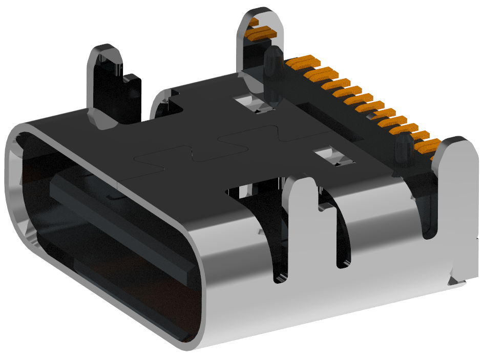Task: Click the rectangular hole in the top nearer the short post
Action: click(x=333, y=157)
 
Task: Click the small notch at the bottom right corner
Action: click(x=454, y=280)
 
